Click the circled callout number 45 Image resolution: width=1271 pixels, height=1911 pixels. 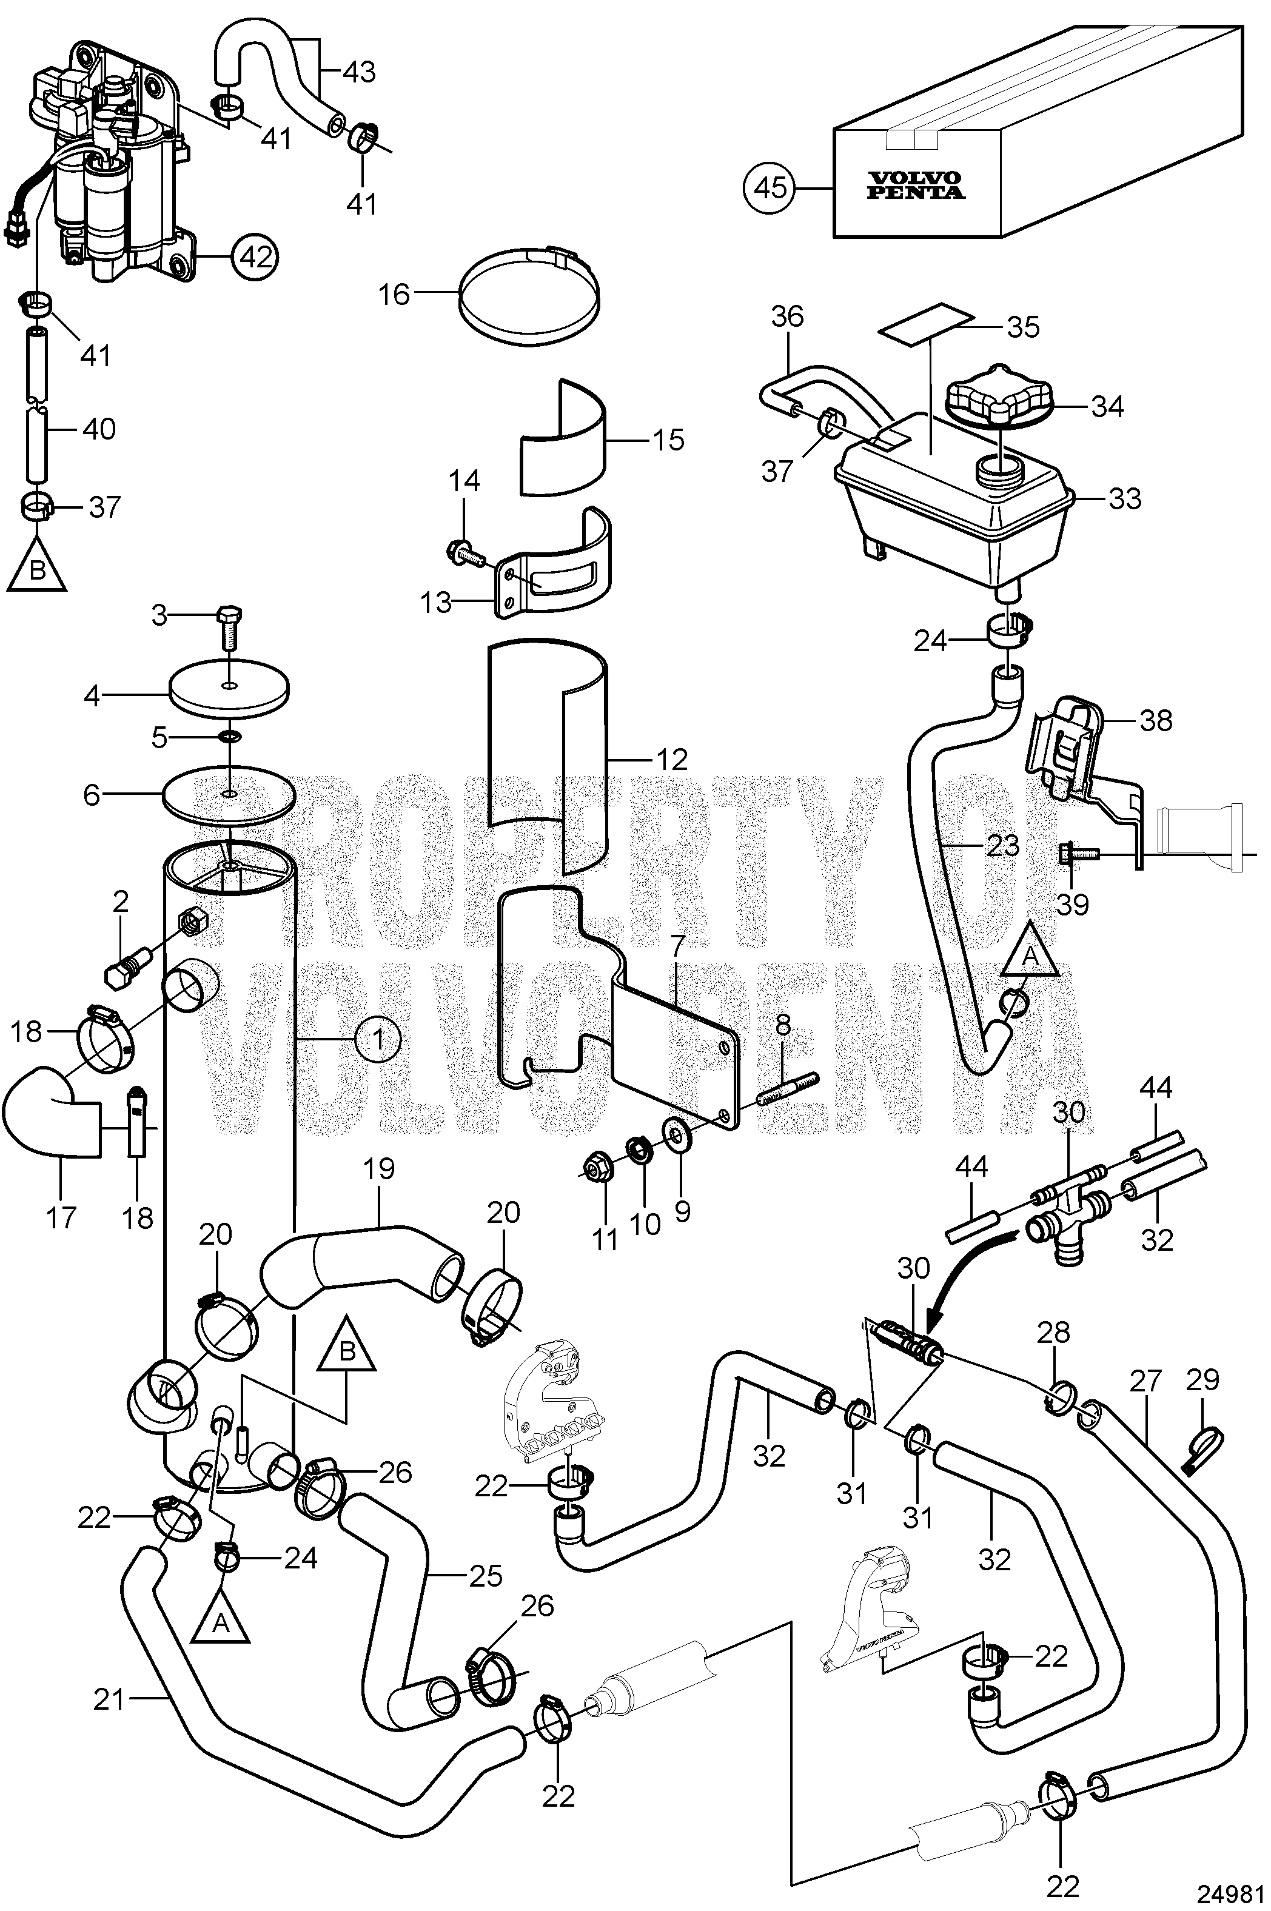coord(770,188)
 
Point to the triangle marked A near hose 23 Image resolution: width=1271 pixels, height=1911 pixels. coord(1030,953)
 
